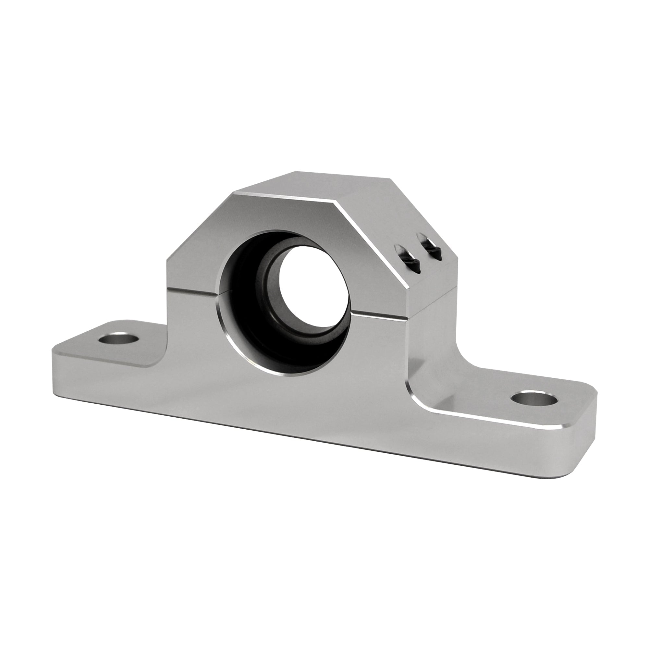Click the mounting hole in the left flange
coord(119,338)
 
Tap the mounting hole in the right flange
coord(534,400)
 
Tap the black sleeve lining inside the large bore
coord(242,302)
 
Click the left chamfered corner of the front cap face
coord(198,228)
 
